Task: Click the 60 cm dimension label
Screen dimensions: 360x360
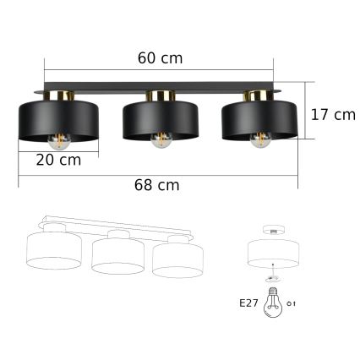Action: [159, 58]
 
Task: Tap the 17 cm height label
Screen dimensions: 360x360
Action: [332, 114]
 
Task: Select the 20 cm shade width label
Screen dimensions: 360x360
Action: [58, 160]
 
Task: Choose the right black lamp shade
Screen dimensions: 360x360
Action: [259, 117]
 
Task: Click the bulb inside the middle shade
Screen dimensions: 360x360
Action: [159, 141]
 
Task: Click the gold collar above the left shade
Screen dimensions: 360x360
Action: [59, 95]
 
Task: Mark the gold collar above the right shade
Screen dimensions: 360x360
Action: [257, 95]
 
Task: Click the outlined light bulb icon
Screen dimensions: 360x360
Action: [274, 302]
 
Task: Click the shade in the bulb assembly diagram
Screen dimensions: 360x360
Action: [272, 253]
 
